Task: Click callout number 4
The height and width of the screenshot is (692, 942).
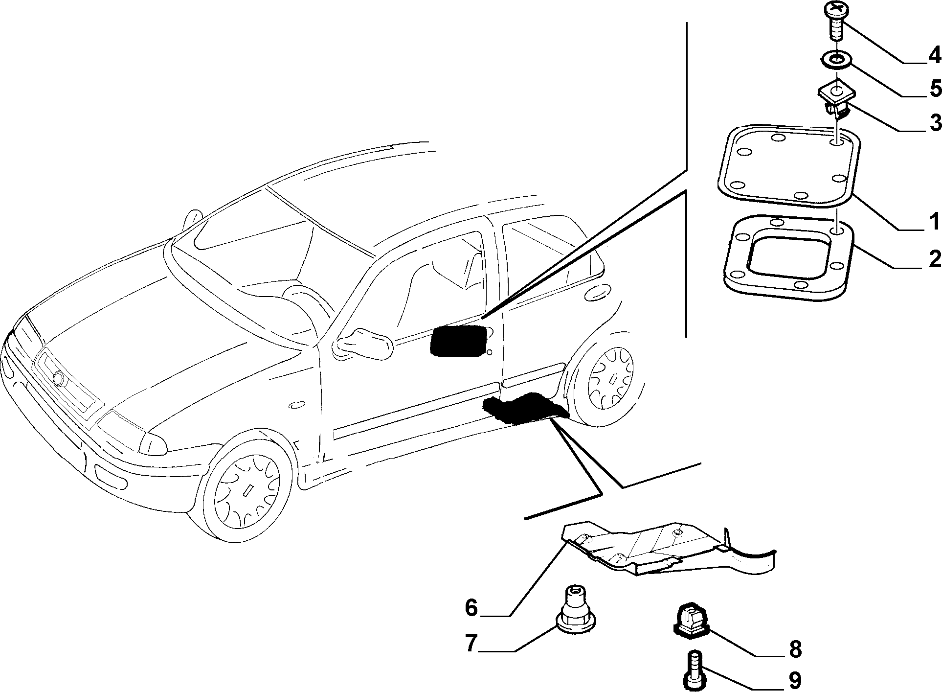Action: tap(934, 55)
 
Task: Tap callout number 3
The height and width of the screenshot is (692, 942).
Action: tap(935, 122)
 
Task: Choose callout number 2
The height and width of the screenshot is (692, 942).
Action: tap(935, 258)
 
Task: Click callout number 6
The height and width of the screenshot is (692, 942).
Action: tap(471, 608)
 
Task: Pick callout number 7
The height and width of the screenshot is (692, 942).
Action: tap(471, 643)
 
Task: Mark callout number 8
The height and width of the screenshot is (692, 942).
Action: tap(795, 649)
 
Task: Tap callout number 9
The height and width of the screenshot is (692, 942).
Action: tap(795, 680)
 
